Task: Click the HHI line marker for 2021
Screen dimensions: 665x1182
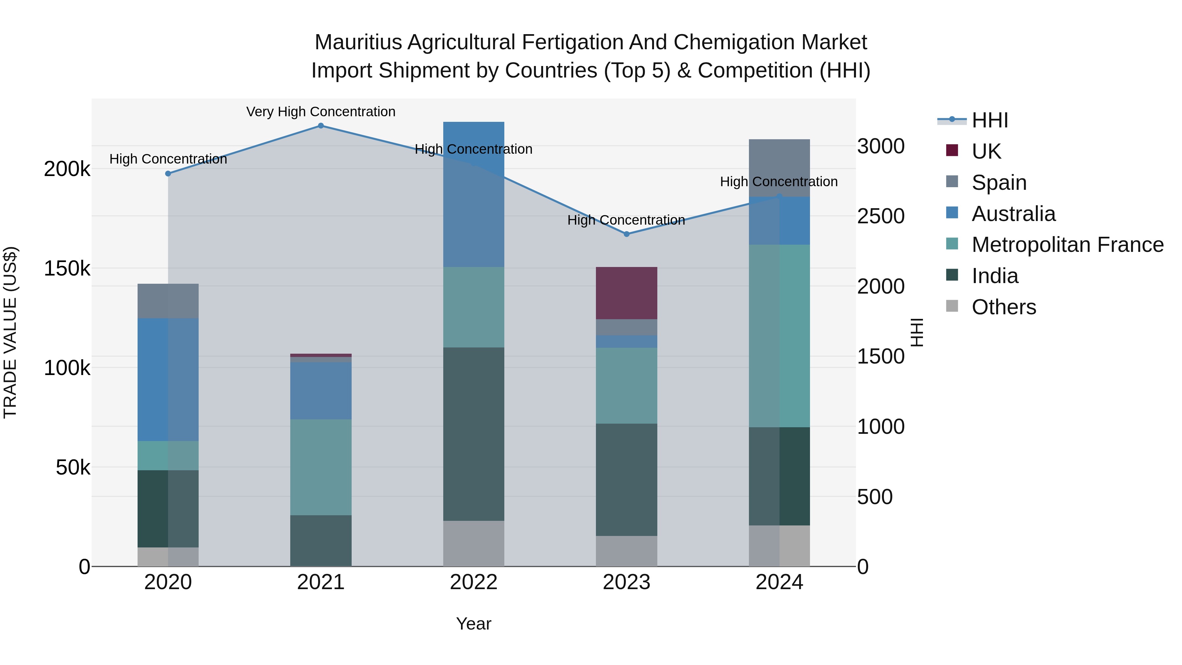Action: click(321, 126)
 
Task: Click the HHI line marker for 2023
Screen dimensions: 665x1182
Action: click(626, 234)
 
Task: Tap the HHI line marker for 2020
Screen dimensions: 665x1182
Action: click(168, 173)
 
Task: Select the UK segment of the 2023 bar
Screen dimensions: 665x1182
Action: click(626, 293)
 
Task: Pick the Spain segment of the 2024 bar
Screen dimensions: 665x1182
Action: click(779, 168)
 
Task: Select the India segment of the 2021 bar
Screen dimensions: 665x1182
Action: click(321, 541)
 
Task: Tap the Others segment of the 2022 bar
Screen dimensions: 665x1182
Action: click(473, 543)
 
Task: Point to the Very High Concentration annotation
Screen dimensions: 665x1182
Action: click(321, 112)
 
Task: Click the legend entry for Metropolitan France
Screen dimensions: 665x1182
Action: click(1067, 245)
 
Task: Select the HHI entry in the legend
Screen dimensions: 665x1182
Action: click(990, 120)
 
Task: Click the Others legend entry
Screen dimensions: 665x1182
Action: click(1003, 307)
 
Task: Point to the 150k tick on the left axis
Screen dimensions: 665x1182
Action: click(67, 269)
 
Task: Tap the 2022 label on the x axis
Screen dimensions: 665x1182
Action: click(473, 582)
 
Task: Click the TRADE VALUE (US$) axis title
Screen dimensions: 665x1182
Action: click(11, 332)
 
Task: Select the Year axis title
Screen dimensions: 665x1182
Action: click(473, 624)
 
